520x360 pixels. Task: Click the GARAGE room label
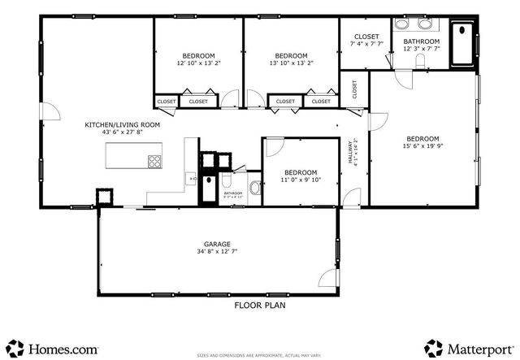(217, 244)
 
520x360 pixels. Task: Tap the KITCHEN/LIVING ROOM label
(123, 125)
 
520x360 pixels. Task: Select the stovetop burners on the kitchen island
(154, 160)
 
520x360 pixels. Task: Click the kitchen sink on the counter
(193, 177)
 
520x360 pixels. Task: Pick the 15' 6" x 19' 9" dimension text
(423, 146)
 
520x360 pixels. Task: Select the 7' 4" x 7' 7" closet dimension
(366, 44)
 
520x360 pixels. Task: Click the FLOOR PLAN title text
(259, 306)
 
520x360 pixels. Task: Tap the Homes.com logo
(53, 348)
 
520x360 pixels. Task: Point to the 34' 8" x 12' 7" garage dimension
(217, 252)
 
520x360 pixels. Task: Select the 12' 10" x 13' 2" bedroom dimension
(198, 63)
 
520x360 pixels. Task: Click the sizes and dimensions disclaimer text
(260, 355)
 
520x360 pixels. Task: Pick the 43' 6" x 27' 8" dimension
(123, 132)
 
